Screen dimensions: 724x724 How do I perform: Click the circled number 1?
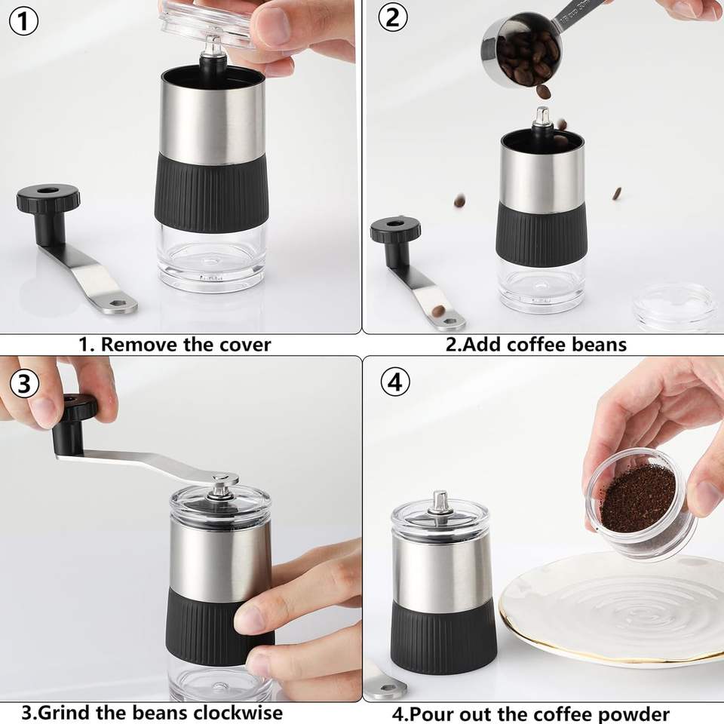coord(23,21)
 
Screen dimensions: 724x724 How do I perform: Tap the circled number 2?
coord(393,17)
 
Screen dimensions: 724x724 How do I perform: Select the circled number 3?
coord(24,383)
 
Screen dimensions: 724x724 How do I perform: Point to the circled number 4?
coord(395,382)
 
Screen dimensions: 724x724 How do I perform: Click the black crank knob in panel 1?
coord(48,198)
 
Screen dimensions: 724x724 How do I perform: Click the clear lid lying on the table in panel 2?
coord(676,307)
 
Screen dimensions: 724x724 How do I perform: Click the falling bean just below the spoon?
coord(544,92)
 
